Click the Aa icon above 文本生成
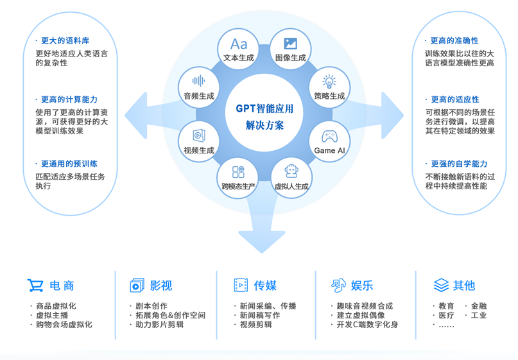(x=239, y=44)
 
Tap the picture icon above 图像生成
(x=291, y=44)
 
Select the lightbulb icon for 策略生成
(x=329, y=82)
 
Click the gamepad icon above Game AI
(x=329, y=136)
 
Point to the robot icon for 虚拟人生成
(x=291, y=171)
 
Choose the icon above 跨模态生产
(x=239, y=172)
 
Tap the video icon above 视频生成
(x=199, y=136)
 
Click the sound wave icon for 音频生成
(x=199, y=81)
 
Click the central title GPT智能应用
(x=264, y=108)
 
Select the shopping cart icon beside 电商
(x=35, y=286)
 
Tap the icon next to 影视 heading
(x=137, y=286)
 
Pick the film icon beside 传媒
(x=241, y=286)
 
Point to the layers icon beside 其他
(x=441, y=286)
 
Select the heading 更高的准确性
(x=454, y=40)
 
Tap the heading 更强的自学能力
(x=459, y=164)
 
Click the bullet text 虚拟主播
(x=52, y=315)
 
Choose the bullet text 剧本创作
(x=151, y=306)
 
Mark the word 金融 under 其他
(x=479, y=306)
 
